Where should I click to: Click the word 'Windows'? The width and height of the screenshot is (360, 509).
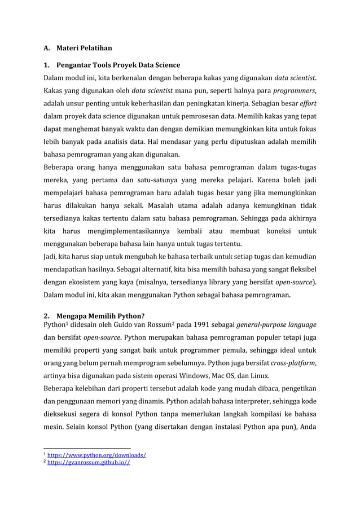pyautogui.click(x=196, y=377)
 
